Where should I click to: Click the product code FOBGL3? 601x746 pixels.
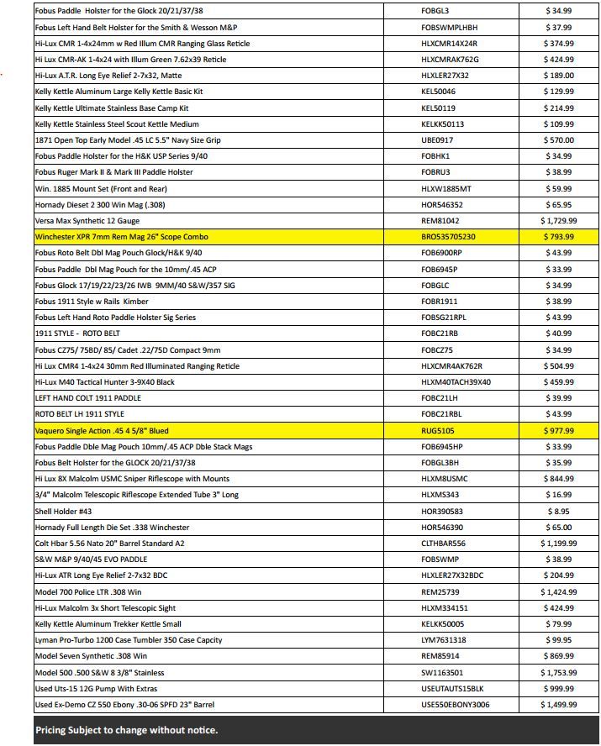pos(435,11)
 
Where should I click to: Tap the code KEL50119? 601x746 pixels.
pos(438,108)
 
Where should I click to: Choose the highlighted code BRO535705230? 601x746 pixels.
pos(454,237)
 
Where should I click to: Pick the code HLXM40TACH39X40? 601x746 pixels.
pos(456,382)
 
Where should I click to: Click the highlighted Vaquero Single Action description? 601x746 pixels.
pos(102,431)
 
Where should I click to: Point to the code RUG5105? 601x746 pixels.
pos(437,431)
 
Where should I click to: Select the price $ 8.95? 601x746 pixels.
pos(558,511)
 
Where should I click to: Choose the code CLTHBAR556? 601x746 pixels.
pos(443,544)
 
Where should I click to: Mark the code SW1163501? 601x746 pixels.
pos(440,672)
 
